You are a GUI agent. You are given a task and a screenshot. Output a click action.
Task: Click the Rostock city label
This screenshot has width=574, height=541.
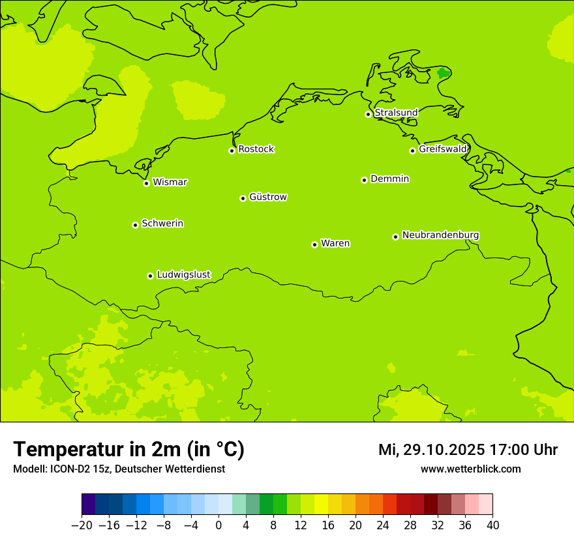(x=256, y=149)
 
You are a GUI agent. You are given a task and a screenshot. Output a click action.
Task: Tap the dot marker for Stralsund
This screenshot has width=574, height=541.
(x=368, y=114)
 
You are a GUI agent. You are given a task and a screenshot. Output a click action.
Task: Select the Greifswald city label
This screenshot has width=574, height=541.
(x=442, y=149)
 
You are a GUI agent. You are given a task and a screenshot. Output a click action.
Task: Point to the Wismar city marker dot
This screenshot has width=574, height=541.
(x=146, y=183)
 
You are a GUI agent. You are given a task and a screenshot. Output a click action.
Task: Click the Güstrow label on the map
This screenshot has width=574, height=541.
(x=267, y=197)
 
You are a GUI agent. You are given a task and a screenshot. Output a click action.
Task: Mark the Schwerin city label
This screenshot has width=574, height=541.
(x=162, y=224)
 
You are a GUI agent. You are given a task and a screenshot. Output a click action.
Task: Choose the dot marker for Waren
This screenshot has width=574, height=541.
(x=314, y=244)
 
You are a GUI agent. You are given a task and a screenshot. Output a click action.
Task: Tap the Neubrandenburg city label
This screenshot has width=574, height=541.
(x=440, y=235)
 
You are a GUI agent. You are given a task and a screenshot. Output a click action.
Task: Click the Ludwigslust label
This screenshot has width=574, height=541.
(x=183, y=274)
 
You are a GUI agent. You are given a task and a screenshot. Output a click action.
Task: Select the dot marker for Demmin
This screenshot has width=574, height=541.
(x=364, y=180)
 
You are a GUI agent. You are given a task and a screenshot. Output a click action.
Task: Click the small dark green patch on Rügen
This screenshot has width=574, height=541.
(x=443, y=73)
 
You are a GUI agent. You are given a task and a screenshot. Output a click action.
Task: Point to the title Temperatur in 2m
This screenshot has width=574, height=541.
(x=128, y=449)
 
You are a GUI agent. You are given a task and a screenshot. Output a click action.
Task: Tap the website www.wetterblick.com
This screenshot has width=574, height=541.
(x=470, y=469)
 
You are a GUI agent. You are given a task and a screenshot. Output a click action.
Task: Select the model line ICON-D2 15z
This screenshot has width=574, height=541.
(x=118, y=469)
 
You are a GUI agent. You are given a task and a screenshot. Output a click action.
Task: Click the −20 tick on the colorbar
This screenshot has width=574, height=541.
(x=82, y=525)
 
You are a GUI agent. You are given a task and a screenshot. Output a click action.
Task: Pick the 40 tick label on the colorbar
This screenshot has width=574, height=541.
(x=492, y=525)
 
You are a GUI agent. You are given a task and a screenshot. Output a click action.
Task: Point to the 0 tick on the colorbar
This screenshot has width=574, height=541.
(x=219, y=525)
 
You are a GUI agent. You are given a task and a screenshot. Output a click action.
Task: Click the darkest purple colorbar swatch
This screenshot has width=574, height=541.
(x=88, y=504)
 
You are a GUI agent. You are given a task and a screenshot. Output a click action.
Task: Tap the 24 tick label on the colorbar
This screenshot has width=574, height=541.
(x=383, y=525)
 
